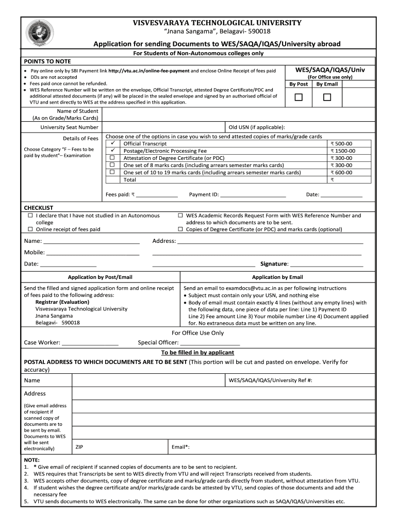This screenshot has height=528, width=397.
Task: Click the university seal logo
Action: coord(39,32)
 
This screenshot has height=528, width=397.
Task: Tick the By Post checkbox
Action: coord(299,97)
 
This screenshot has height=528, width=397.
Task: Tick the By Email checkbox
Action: coord(327,97)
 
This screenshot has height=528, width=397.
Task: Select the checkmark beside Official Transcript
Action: coord(112,143)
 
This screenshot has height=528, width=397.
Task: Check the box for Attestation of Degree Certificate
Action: coord(112,158)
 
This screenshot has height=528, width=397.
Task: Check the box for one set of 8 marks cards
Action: coord(112,165)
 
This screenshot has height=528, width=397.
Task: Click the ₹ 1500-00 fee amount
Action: coord(342,151)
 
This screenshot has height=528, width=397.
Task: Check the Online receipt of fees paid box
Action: coord(30,229)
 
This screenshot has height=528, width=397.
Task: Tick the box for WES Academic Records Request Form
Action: coord(180,216)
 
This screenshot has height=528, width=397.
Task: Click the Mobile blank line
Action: coord(93,254)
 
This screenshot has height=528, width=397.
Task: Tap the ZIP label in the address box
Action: coord(79,447)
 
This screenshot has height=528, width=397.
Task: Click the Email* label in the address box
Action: coord(180,447)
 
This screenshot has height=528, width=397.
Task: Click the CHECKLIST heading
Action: coord(39,207)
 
